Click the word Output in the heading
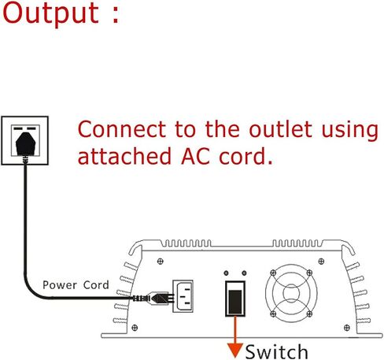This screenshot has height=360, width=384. pos(51,13)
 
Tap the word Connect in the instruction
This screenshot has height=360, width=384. pos(122,129)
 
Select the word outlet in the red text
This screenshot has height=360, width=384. pos(281,129)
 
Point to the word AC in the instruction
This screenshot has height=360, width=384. pos(196,156)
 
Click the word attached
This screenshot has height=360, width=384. pos(124,156)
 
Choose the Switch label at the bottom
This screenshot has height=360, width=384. pos(276,351)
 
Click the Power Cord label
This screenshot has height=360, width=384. pos(76,285)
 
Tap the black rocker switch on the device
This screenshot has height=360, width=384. pos(235,299)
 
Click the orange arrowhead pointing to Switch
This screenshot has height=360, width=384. pos(235,351)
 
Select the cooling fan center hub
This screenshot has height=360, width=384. pos(291,292)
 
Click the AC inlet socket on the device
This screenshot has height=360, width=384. pos(183,296)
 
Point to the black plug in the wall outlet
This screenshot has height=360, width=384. pos(25,144)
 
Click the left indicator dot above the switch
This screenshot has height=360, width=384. pos(227,273)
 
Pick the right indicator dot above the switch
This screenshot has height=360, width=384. pos(244,273)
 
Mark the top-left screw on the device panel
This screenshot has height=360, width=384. pos(160,262)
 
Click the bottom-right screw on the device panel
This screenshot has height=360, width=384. pos(347,328)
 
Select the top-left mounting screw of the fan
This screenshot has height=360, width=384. pos(273,273)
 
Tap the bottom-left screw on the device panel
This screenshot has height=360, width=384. pos(135,328)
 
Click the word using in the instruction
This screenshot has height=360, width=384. pos(350,131)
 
